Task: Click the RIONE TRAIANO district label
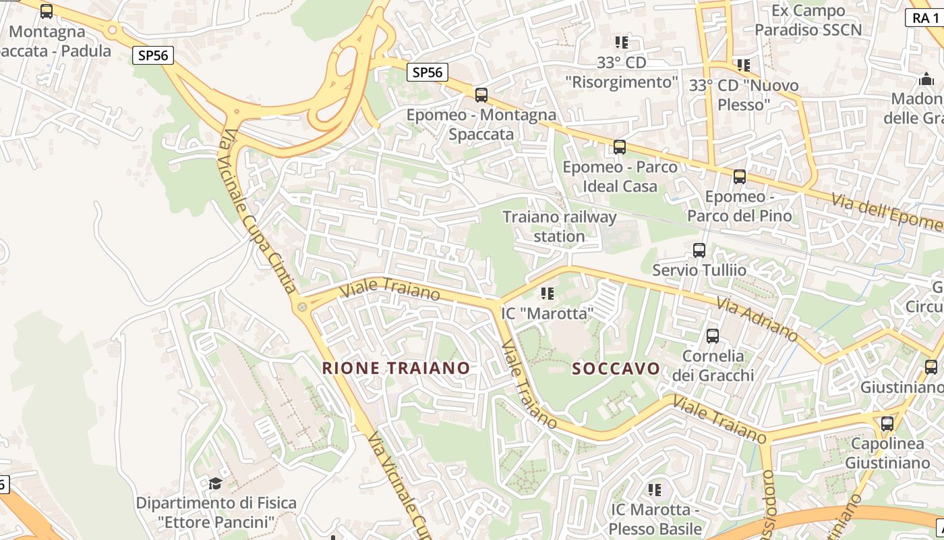[x=396, y=368]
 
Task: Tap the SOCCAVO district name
[x=616, y=369]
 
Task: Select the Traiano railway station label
[x=559, y=226]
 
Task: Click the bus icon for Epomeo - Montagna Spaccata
[x=481, y=94]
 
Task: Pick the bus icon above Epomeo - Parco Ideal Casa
[x=619, y=146]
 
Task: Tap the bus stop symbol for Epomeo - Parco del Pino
[x=739, y=177]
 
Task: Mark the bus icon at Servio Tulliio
[x=699, y=250]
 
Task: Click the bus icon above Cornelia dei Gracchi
[x=712, y=335]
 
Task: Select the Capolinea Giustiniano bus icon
[x=887, y=424]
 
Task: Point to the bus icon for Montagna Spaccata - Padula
[x=46, y=11]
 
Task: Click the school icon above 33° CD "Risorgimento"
[x=621, y=43]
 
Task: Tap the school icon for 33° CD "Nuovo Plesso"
[x=743, y=65]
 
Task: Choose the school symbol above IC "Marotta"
[x=547, y=294]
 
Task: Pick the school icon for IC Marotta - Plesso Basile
[x=654, y=489]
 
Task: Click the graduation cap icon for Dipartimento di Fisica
[x=215, y=483]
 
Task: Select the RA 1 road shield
[x=925, y=18]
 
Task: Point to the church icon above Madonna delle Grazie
[x=924, y=80]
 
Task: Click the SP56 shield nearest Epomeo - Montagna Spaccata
[x=427, y=72]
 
